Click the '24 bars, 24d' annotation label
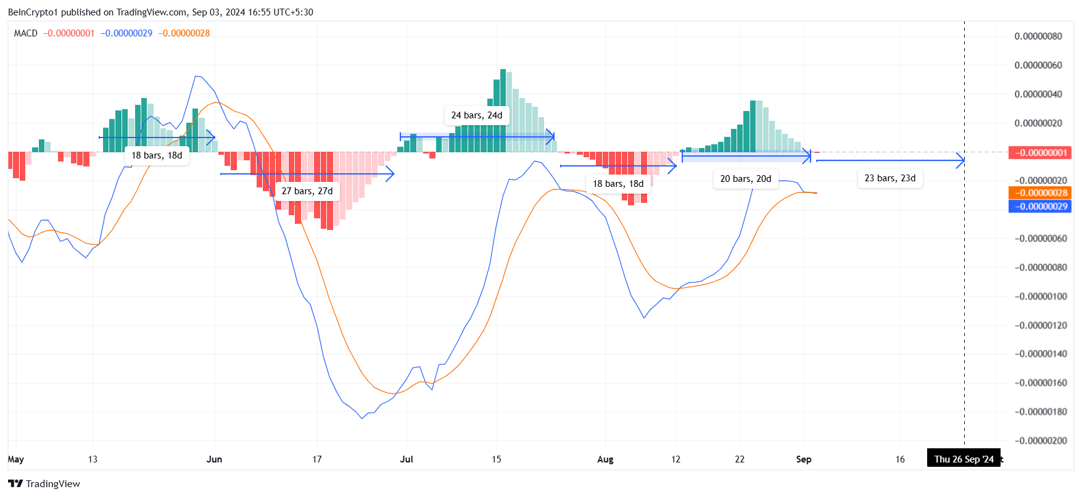pos(477,115)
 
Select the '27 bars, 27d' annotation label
pos(307,191)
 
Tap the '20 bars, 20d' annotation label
pos(745,179)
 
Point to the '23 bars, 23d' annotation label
pos(890,178)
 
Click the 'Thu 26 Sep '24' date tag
pos(964,459)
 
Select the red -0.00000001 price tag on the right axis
pos(1039,153)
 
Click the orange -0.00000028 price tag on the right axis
pos(1039,193)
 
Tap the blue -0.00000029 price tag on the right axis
pos(1039,207)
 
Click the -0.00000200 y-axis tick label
pos(1039,441)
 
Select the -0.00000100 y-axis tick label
pos(1039,297)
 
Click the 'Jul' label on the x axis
pos(407,459)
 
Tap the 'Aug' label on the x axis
pos(605,459)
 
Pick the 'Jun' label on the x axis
pos(214,459)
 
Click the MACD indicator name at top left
pos(26,33)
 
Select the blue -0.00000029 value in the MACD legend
pos(126,33)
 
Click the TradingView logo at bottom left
pos(44,483)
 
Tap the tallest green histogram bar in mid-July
pos(503,111)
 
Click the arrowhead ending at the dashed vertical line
pos(961,160)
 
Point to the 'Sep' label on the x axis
pos(804,459)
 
